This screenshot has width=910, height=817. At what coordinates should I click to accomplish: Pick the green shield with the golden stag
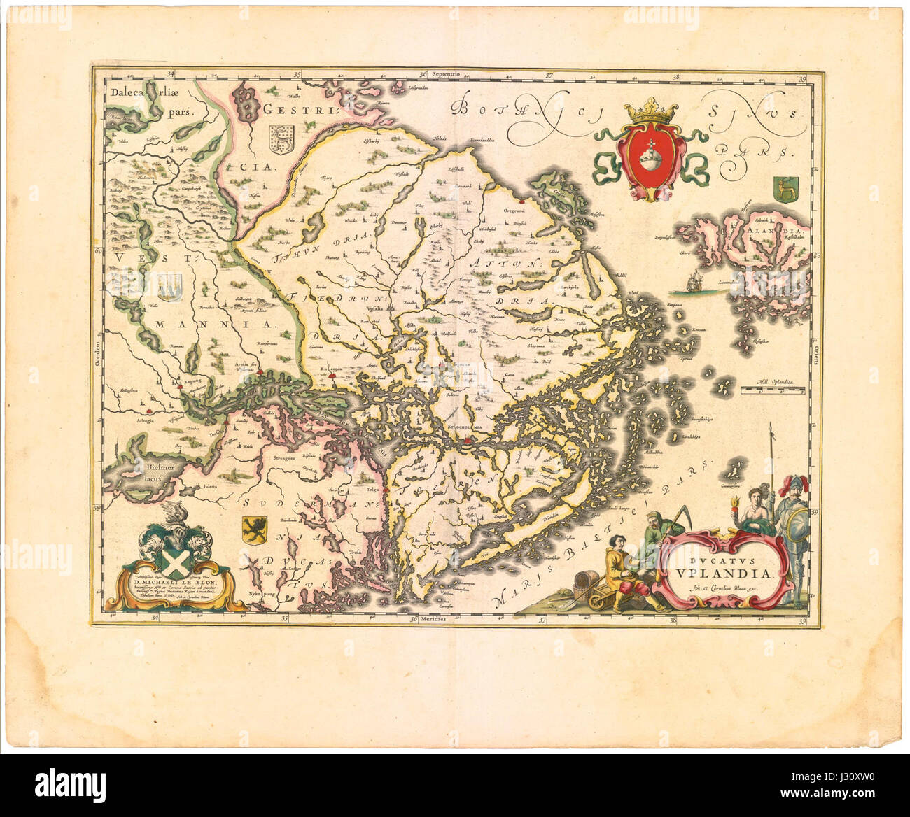click(x=780, y=188)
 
